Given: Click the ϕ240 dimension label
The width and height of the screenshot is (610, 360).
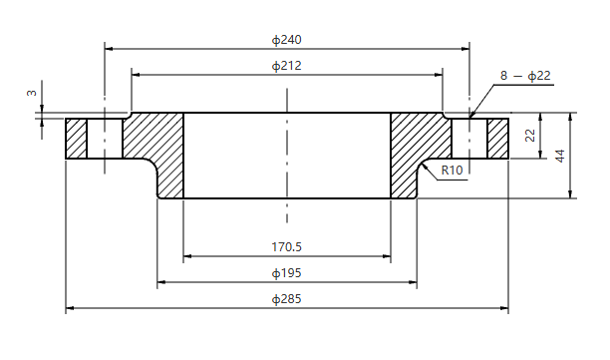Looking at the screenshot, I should [287, 40].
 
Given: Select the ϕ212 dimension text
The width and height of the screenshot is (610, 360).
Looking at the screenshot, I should [287, 66].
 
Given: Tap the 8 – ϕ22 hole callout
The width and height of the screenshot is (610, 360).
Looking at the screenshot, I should [525, 75].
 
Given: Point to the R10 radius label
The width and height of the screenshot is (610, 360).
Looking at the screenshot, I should [453, 171].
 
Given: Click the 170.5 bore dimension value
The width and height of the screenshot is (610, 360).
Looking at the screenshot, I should [287, 246].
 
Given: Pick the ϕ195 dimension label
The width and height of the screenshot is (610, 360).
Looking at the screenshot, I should [287, 272].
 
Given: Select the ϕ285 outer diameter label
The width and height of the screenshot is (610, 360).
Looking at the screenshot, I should [287, 299].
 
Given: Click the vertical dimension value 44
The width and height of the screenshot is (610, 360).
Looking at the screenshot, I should [560, 156].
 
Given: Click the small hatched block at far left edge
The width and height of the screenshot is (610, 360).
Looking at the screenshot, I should [76, 139].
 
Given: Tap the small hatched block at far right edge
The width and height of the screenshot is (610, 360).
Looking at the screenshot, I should [497, 139].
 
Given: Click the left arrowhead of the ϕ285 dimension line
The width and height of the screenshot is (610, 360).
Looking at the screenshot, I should [70, 310].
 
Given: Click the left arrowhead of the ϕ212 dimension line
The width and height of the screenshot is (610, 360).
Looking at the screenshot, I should [136, 74].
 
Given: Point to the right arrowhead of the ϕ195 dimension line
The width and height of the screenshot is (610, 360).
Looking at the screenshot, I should [413, 283].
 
